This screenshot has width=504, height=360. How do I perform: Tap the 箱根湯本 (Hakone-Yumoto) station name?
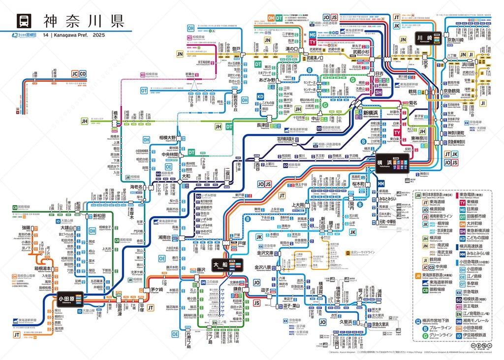click(44, 268)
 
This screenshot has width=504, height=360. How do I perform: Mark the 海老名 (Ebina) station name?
click(136, 187)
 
